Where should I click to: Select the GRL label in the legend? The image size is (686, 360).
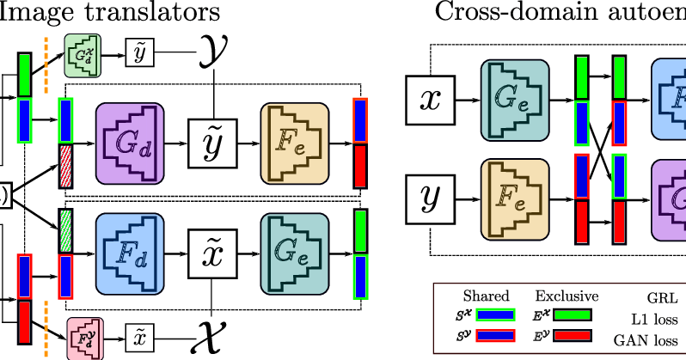pyautogui.click(x=663, y=298)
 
